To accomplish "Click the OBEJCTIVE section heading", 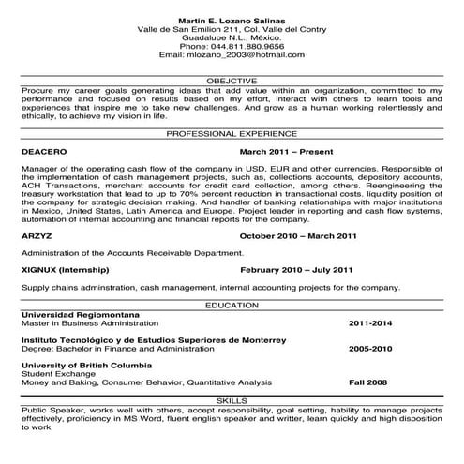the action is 232,81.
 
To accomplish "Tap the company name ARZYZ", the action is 37,235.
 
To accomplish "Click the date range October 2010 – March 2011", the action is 299,235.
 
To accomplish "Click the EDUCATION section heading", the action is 232,306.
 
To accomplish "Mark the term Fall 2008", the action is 368,382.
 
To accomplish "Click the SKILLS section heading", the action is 232,400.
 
